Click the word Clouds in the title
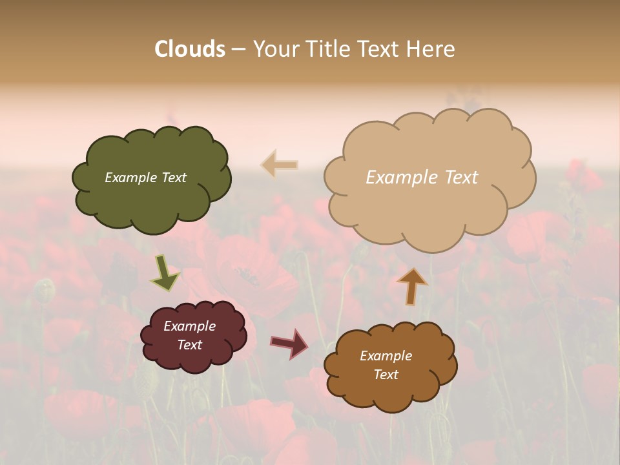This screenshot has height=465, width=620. coord(190,49)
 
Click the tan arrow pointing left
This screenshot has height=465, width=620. coord(280,165)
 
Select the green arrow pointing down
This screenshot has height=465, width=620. coord(165,273)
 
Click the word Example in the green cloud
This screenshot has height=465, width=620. coord(131,178)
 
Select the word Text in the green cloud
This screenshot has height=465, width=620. coord(174,178)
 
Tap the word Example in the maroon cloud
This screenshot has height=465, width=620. coord(189,326)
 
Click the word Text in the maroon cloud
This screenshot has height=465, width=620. coord(189,345)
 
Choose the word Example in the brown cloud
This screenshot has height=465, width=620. coord(386,356)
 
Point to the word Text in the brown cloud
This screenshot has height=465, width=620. coord(386,375)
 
